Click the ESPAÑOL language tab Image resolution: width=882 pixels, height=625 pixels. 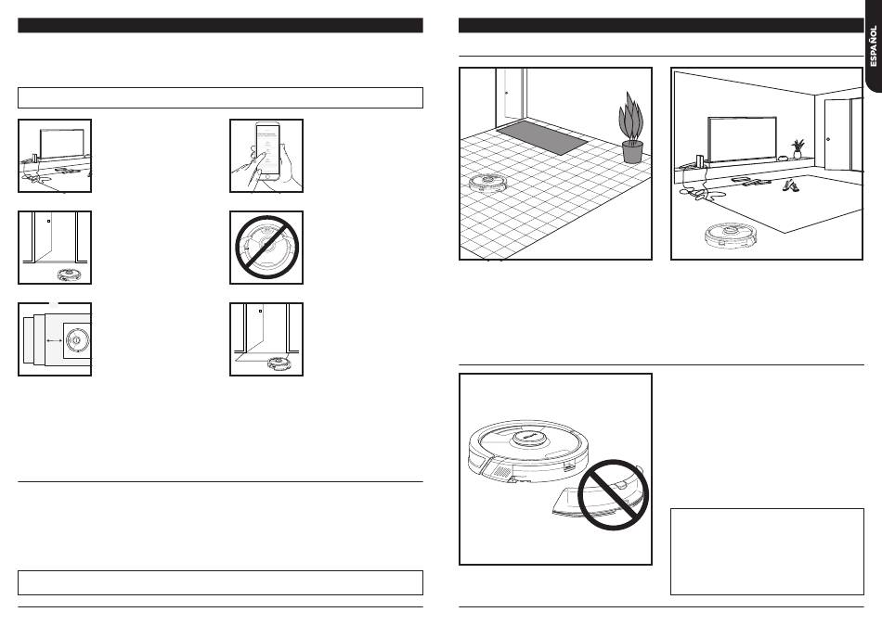(872, 46)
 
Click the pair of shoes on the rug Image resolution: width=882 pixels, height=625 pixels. (790, 185)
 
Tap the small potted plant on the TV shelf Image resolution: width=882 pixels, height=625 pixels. (797, 149)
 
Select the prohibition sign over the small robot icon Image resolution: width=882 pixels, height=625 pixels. (267, 247)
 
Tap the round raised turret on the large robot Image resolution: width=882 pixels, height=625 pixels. (525, 437)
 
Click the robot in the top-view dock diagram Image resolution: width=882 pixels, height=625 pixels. (77, 339)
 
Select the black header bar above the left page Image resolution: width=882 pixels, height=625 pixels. (220, 25)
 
